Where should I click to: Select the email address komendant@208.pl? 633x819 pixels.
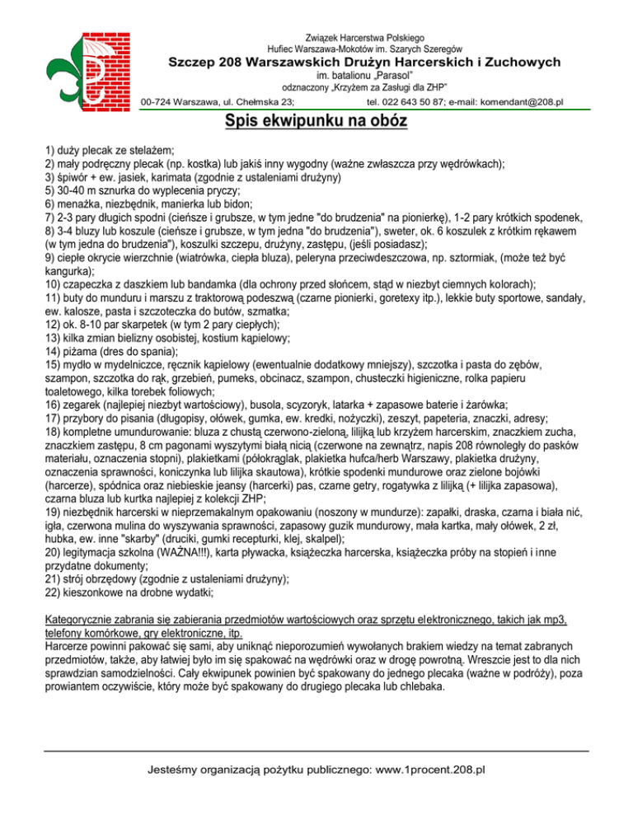point(517,102)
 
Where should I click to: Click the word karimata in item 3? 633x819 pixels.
point(163,177)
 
